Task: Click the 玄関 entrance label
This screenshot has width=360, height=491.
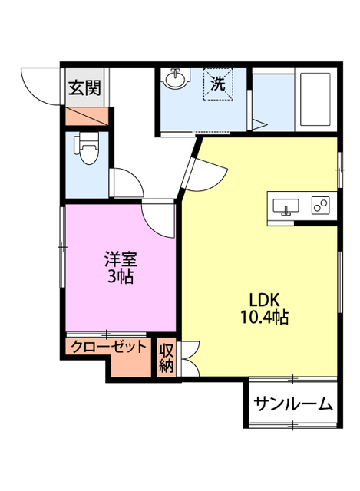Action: (x=84, y=87)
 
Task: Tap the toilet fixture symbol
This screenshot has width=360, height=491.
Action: (x=87, y=148)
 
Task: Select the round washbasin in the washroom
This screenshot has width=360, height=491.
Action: (x=177, y=79)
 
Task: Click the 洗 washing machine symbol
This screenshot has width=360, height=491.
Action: (x=218, y=84)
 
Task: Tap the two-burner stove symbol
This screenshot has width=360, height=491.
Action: (x=321, y=205)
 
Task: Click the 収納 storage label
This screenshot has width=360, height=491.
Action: (x=167, y=357)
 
